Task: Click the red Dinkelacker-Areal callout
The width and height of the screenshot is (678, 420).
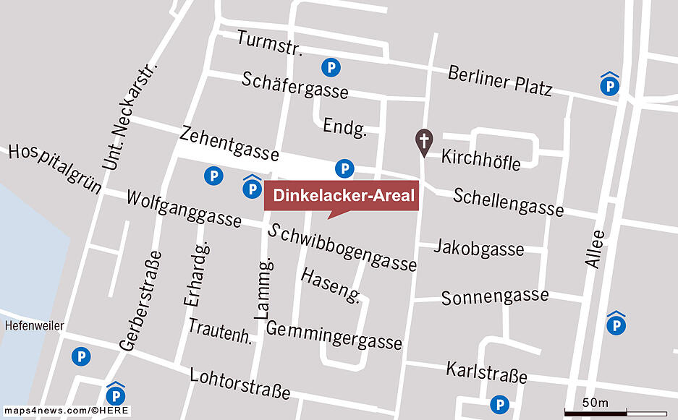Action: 341,195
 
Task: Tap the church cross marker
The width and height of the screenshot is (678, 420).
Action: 423,142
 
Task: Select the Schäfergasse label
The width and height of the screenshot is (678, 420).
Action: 294,85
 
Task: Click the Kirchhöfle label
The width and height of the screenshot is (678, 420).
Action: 480,159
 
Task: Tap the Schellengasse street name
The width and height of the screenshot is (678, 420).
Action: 508,202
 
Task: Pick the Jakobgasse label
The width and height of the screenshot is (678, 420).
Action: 478,248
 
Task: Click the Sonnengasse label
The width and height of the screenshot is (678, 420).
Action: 494,296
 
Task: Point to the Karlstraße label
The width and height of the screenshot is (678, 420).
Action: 486,372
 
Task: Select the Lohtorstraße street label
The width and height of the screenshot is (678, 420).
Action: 240,383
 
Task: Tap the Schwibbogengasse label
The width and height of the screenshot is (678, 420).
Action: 342,247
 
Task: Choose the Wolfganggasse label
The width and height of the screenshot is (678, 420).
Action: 183,208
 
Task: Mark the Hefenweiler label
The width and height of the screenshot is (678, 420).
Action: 34,325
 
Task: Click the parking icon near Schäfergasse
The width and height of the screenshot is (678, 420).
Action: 331,68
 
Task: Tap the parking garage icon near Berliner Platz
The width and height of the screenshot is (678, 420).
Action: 609,85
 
